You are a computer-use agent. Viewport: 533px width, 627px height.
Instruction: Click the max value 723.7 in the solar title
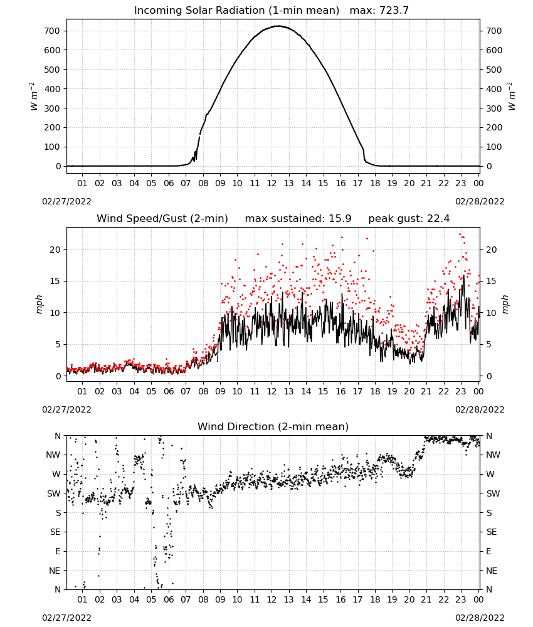pyautogui.click(x=394, y=11)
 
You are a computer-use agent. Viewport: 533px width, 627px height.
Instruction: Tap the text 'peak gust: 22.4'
pyautogui.click(x=409, y=219)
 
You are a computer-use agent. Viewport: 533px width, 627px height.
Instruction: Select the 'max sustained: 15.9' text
pyautogui.click(x=298, y=219)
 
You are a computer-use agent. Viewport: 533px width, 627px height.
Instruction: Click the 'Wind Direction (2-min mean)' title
pyautogui.click(x=273, y=426)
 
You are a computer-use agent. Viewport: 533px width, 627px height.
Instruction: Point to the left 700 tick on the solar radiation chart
pyautogui.click(x=53, y=31)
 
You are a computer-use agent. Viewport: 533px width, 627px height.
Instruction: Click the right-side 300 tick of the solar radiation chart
pyautogui.click(x=494, y=108)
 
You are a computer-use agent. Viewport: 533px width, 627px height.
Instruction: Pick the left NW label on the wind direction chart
pyautogui.click(x=53, y=455)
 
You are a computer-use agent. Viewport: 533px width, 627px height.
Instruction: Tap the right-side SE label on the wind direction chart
pyautogui.click(x=492, y=532)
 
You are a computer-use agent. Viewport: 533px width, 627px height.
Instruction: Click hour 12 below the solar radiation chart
pyautogui.click(x=272, y=183)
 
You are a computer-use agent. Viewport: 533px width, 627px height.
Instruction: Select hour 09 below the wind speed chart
pyautogui.click(x=220, y=391)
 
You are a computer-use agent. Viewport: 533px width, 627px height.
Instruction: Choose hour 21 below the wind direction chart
pyautogui.click(x=426, y=599)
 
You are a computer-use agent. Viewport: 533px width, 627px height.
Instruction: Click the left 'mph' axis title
pyautogui.click(x=39, y=304)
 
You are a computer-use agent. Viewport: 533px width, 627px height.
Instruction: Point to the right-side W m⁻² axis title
pyautogui.click(x=512, y=97)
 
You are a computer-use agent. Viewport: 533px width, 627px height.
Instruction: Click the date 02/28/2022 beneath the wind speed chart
pyautogui.click(x=480, y=409)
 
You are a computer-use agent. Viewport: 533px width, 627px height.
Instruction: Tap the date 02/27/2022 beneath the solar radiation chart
pyautogui.click(x=66, y=201)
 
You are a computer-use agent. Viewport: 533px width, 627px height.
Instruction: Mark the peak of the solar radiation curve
pyautogui.click(x=278, y=26)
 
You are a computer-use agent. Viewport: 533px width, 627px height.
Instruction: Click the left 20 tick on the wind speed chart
pyautogui.click(x=56, y=250)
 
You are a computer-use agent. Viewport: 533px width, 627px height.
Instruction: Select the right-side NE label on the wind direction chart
pyautogui.click(x=492, y=571)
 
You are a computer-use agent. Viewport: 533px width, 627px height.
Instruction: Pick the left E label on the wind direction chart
pyautogui.click(x=58, y=551)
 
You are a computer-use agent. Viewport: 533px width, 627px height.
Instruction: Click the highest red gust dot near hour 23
pyautogui.click(x=460, y=234)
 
